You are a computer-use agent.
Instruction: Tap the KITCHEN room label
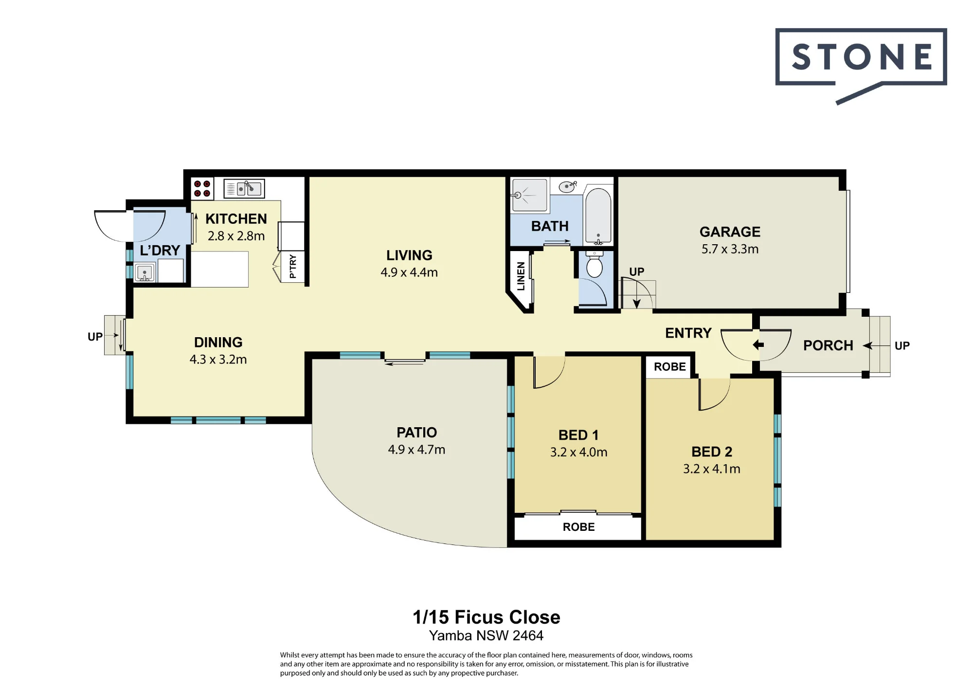point(236,219)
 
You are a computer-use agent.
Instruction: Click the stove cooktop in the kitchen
point(202,189)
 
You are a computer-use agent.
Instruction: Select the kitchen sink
point(244,188)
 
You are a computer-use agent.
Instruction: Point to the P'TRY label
point(292,266)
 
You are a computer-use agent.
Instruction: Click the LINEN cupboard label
point(521,276)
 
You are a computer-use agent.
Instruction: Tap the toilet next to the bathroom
point(594,265)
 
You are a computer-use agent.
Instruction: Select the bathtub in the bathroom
point(598,215)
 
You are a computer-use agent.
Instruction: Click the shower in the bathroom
point(529,195)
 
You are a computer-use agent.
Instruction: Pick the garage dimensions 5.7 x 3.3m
point(730,249)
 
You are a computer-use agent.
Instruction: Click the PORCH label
point(828,345)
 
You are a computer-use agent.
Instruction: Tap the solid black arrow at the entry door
point(758,345)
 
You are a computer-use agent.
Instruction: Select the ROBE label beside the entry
point(669,367)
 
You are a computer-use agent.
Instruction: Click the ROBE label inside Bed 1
point(578,527)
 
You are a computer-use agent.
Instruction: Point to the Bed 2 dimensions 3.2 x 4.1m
point(712,469)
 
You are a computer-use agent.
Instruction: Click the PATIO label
point(416,433)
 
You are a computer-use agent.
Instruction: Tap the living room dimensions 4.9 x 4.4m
point(409,272)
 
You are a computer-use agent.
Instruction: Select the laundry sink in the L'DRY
point(144,272)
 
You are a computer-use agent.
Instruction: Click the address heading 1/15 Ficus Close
point(486,617)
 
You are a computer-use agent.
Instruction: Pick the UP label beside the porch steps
point(902,346)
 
